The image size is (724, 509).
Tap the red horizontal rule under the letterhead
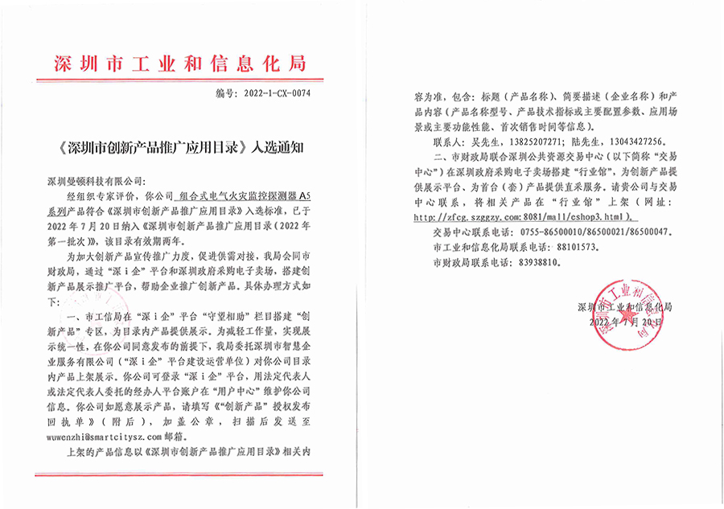click(x=181, y=80)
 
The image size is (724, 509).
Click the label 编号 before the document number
click(x=224, y=94)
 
